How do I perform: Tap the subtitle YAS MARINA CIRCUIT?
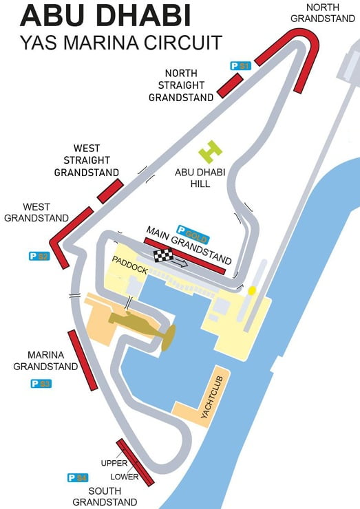tap(121, 43)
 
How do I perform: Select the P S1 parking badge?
tap(240, 66)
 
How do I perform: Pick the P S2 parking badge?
tap(39, 257)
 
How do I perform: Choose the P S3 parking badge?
tap(41, 384)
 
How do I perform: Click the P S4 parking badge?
tap(78, 477)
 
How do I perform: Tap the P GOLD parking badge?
tap(193, 230)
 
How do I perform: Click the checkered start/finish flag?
tap(163, 256)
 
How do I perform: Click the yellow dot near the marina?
tap(252, 290)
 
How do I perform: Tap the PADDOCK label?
tap(129, 265)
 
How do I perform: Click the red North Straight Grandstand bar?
tap(230, 85)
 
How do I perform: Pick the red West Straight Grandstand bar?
tap(109, 192)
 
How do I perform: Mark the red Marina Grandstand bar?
tap(82, 360)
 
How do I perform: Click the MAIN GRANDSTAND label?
tap(187, 244)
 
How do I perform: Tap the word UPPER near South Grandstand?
tap(114, 463)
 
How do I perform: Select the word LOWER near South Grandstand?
tap(125, 477)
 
